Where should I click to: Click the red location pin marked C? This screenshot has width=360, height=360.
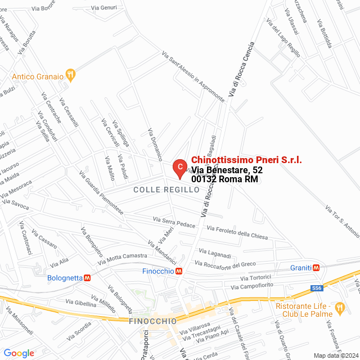click(x=179, y=167)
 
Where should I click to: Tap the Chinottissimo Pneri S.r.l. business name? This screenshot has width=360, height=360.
click(x=246, y=160)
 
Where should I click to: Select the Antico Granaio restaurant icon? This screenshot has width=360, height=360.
click(x=70, y=75)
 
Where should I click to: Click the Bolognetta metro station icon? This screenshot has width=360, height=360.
click(x=87, y=278)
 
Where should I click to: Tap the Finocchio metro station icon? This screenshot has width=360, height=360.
click(x=178, y=271)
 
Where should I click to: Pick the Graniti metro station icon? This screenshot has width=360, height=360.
click(x=317, y=268)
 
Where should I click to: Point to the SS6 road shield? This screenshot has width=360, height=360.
click(x=317, y=289)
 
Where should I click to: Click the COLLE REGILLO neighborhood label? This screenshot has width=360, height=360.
click(x=166, y=190)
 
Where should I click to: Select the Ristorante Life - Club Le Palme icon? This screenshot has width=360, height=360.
click(x=339, y=308)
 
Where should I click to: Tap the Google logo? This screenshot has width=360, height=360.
click(x=19, y=353)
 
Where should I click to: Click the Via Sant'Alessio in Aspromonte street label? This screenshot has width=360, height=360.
click(x=192, y=77)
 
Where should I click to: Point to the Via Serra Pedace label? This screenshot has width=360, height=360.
click(x=174, y=222)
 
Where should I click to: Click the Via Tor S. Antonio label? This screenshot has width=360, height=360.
click(x=342, y=220)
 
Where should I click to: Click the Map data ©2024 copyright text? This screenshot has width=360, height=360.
click(x=335, y=355)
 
